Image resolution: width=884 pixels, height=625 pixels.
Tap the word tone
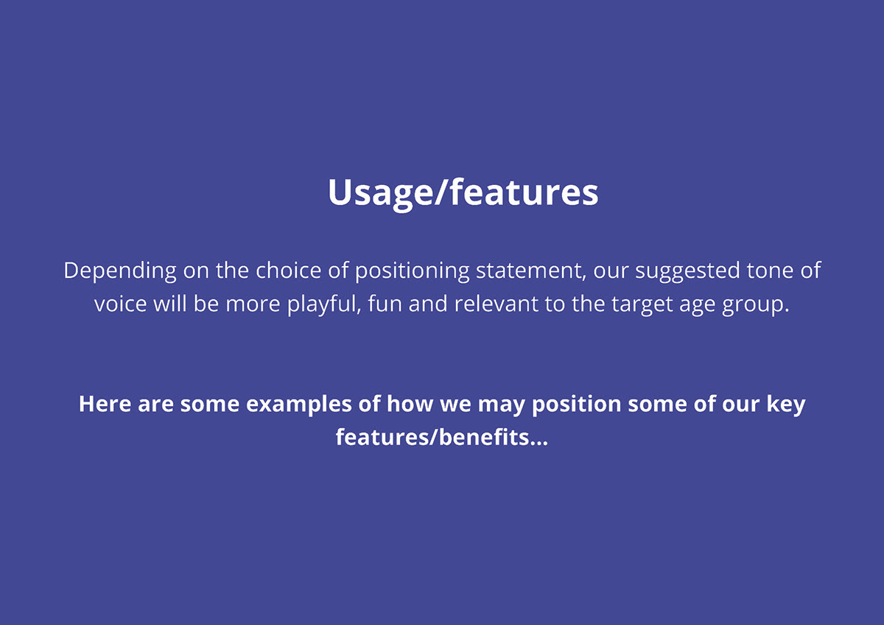(x=770, y=271)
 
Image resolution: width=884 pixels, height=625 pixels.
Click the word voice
(x=120, y=304)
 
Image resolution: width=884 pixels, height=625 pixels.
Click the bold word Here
(x=105, y=404)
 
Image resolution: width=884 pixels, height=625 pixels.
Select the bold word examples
(x=299, y=405)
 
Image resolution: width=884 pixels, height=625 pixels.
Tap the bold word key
(x=786, y=405)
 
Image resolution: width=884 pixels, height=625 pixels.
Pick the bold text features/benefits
(x=442, y=437)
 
